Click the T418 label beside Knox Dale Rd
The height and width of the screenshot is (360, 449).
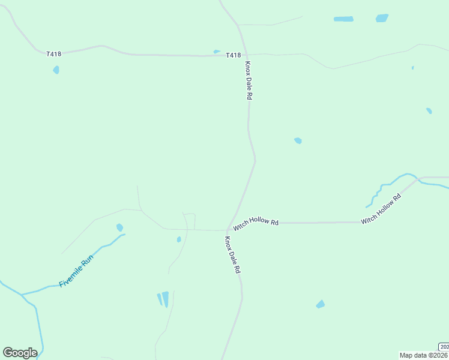(x=234, y=55)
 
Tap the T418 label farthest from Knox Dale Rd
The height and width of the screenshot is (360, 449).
(x=54, y=54)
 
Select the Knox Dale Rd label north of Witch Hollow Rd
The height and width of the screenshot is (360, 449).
(x=248, y=80)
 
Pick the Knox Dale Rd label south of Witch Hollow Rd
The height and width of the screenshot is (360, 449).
(x=232, y=255)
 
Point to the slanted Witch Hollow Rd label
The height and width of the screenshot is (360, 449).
(x=381, y=209)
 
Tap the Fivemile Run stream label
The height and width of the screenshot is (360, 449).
(x=76, y=271)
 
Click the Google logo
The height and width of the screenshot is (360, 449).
(x=20, y=353)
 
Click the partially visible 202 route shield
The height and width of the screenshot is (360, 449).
(x=444, y=347)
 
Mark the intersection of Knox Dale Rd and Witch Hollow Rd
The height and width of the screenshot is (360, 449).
(x=228, y=229)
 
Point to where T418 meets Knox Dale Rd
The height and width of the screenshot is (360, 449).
(x=245, y=55)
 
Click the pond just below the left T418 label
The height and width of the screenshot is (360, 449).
(x=56, y=70)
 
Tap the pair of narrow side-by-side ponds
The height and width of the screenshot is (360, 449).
(x=163, y=299)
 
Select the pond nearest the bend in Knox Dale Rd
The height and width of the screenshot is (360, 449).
(x=298, y=141)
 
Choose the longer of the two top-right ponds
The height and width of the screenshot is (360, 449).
(x=343, y=19)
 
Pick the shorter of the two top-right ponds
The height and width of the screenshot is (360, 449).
(x=382, y=18)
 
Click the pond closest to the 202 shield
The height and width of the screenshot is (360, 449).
(x=321, y=304)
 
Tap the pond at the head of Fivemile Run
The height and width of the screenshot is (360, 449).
(x=119, y=227)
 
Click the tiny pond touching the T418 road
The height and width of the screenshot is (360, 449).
(x=217, y=52)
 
